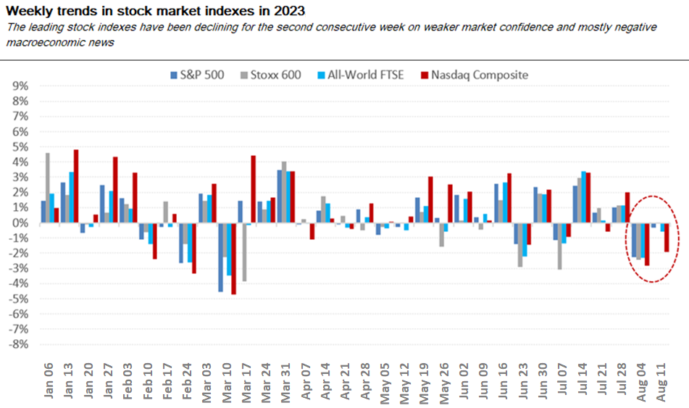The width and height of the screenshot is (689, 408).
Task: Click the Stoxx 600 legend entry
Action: [x=277, y=74]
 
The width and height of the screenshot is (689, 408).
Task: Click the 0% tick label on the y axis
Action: [x=20, y=222]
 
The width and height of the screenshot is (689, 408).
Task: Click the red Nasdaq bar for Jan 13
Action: [x=76, y=186]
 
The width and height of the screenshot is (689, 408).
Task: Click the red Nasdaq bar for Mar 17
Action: [x=254, y=189]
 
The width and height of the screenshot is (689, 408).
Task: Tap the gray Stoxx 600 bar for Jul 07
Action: [x=560, y=246]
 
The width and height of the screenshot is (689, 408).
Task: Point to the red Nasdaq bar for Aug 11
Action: [x=667, y=237]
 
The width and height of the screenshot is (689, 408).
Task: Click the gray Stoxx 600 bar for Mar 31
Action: [x=285, y=192]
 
